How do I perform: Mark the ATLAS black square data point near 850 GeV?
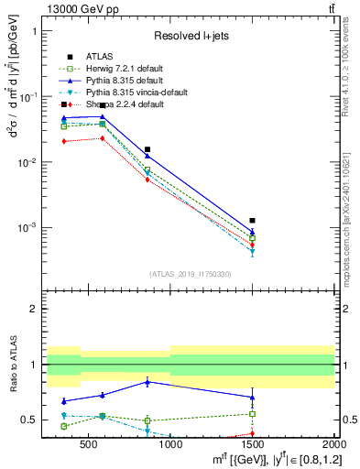click(147, 149)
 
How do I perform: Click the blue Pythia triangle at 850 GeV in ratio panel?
click(147, 382)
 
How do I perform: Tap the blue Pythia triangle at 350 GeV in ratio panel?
click(63, 401)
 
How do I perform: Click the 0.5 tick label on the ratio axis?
click(33, 420)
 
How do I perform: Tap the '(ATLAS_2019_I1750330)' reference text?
click(191, 274)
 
